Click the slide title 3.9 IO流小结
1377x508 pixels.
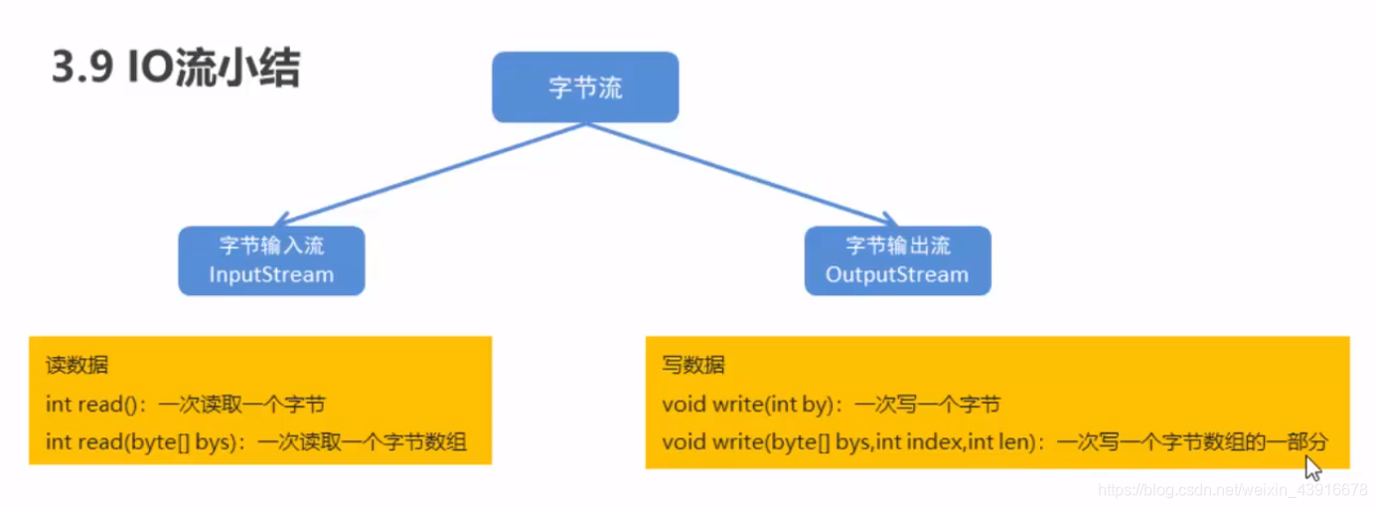tap(175, 70)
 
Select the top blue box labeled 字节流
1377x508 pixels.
tap(585, 87)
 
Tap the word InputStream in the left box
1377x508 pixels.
tap(271, 274)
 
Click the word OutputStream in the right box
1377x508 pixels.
tap(896, 274)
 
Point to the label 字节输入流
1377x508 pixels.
tap(271, 246)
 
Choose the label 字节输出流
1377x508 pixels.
tap(897, 246)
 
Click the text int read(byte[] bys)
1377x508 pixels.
tap(138, 441)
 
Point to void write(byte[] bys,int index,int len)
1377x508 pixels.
tap(851, 441)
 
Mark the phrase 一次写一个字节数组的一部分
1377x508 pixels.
tap(1191, 441)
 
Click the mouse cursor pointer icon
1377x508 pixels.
tap(1312, 467)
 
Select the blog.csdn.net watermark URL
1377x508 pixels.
tap(1233, 490)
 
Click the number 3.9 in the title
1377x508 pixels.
tap(80, 71)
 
